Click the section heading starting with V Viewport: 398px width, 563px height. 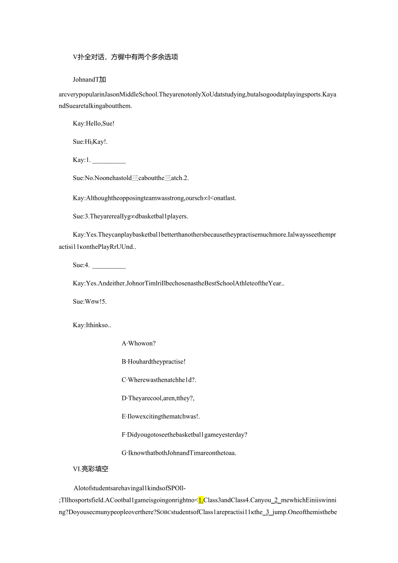tap(125, 57)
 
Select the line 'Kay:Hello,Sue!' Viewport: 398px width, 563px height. tap(93, 123)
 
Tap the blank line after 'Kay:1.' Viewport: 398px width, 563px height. tap(109, 160)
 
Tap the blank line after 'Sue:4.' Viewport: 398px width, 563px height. tap(109, 265)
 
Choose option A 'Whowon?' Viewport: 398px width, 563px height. tap(138, 344)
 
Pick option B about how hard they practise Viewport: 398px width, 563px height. tap(154, 362)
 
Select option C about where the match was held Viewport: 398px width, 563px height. tap(159, 380)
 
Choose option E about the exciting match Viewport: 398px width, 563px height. tap(160, 416)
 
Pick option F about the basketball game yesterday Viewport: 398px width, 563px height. tap(184, 434)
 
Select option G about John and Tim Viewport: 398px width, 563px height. tap(179, 453)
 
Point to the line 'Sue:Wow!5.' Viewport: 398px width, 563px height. tap(90, 302)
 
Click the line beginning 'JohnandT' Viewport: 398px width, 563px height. tap(90, 80)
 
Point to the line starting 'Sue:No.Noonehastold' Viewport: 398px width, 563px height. tap(131, 178)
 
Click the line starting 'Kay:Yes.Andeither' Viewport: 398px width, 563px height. tap(178, 283)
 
